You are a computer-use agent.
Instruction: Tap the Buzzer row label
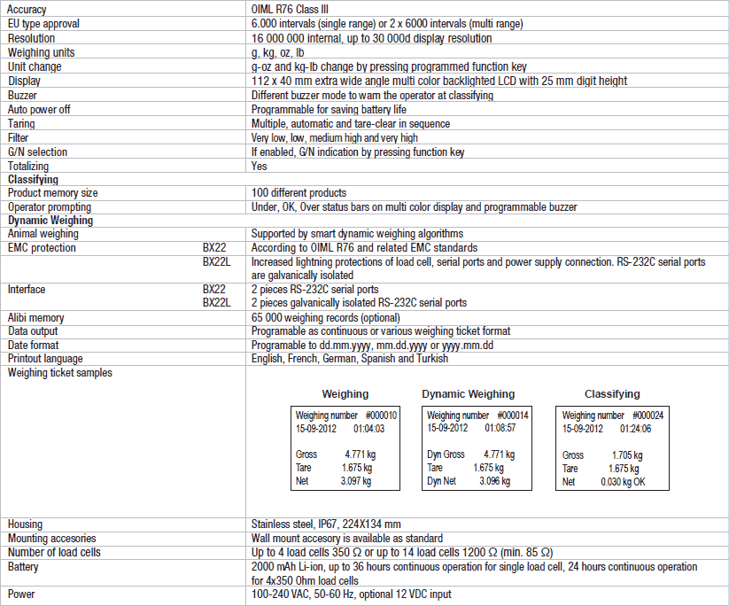tap(22, 95)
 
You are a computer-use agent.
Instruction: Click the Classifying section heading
tap(33, 179)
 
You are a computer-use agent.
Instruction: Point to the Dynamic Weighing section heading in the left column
tap(50, 221)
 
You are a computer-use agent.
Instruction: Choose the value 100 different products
tap(299, 193)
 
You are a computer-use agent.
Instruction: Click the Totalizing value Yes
tap(259, 166)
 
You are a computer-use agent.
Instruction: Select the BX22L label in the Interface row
tap(216, 303)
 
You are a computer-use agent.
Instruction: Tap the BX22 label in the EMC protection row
tap(213, 248)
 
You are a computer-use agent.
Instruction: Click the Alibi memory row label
tap(35, 317)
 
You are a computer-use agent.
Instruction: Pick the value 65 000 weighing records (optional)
tap(325, 317)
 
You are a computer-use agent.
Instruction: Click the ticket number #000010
tap(381, 415)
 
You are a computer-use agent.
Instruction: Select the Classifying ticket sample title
tap(612, 393)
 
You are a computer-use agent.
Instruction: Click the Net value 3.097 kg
tap(356, 481)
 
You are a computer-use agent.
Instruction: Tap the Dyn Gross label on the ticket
tap(446, 454)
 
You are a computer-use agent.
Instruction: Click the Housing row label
tap(25, 524)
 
